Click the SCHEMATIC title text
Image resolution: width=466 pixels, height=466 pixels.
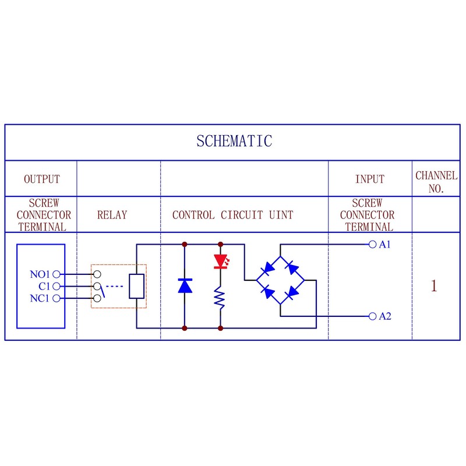click(x=234, y=141)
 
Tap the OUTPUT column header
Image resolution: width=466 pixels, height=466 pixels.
click(x=41, y=179)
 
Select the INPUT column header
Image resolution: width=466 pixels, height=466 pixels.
click(x=370, y=179)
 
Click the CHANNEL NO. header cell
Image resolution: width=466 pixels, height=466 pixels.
click(x=436, y=182)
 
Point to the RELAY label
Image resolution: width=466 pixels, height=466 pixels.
click(x=112, y=214)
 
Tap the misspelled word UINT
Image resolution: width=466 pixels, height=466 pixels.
click(x=281, y=214)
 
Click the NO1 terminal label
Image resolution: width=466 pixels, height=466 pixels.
click(x=41, y=274)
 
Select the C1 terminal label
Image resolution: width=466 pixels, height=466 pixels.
click(x=44, y=286)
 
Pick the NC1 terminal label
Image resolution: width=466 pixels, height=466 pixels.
click(x=41, y=299)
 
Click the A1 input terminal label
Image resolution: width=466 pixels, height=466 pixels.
click(x=384, y=245)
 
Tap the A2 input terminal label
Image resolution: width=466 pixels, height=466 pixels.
click(x=384, y=316)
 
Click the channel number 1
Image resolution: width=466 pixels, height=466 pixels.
click(x=433, y=286)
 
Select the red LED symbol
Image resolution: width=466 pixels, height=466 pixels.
click(x=220, y=262)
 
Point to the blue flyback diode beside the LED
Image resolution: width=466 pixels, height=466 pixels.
click(x=185, y=285)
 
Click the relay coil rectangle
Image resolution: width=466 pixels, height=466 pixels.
click(x=136, y=286)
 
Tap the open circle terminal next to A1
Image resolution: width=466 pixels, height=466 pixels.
click(x=372, y=245)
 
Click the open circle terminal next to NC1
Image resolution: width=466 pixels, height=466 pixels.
click(x=56, y=299)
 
